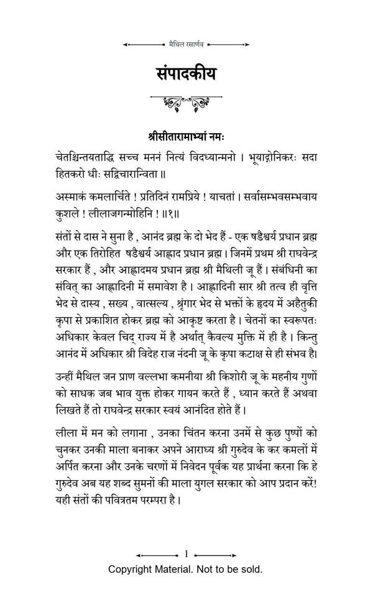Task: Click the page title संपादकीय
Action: click(186, 73)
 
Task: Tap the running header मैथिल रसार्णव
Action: click(186, 45)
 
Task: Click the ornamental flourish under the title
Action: click(186, 102)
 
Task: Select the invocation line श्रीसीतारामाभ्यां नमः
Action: click(186, 135)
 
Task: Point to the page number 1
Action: click(186, 553)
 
